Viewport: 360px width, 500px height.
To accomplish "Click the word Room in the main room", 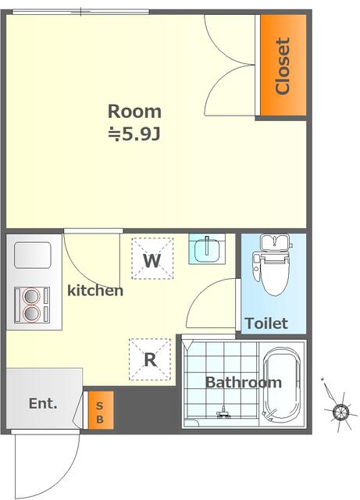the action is [134, 111].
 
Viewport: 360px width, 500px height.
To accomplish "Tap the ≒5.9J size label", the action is [134, 134].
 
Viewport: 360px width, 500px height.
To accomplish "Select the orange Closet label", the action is [283, 66].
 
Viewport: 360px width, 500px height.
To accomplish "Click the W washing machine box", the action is [152, 259].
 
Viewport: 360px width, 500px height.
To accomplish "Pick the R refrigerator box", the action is [150, 359].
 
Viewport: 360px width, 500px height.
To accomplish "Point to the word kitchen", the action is [95, 291].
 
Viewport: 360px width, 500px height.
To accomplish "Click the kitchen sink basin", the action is [33, 255].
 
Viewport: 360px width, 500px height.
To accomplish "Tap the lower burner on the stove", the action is [31, 313].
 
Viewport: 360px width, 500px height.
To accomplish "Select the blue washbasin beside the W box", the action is [207, 248].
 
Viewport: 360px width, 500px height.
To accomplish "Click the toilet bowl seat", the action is [274, 277].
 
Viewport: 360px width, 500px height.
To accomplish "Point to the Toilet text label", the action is [266, 323].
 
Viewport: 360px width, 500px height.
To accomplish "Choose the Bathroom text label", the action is [244, 382].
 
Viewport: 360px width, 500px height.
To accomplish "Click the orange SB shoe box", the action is [101, 410].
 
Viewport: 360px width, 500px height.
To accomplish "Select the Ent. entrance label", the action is [43, 403].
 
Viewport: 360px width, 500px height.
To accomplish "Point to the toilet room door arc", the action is [199, 292].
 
